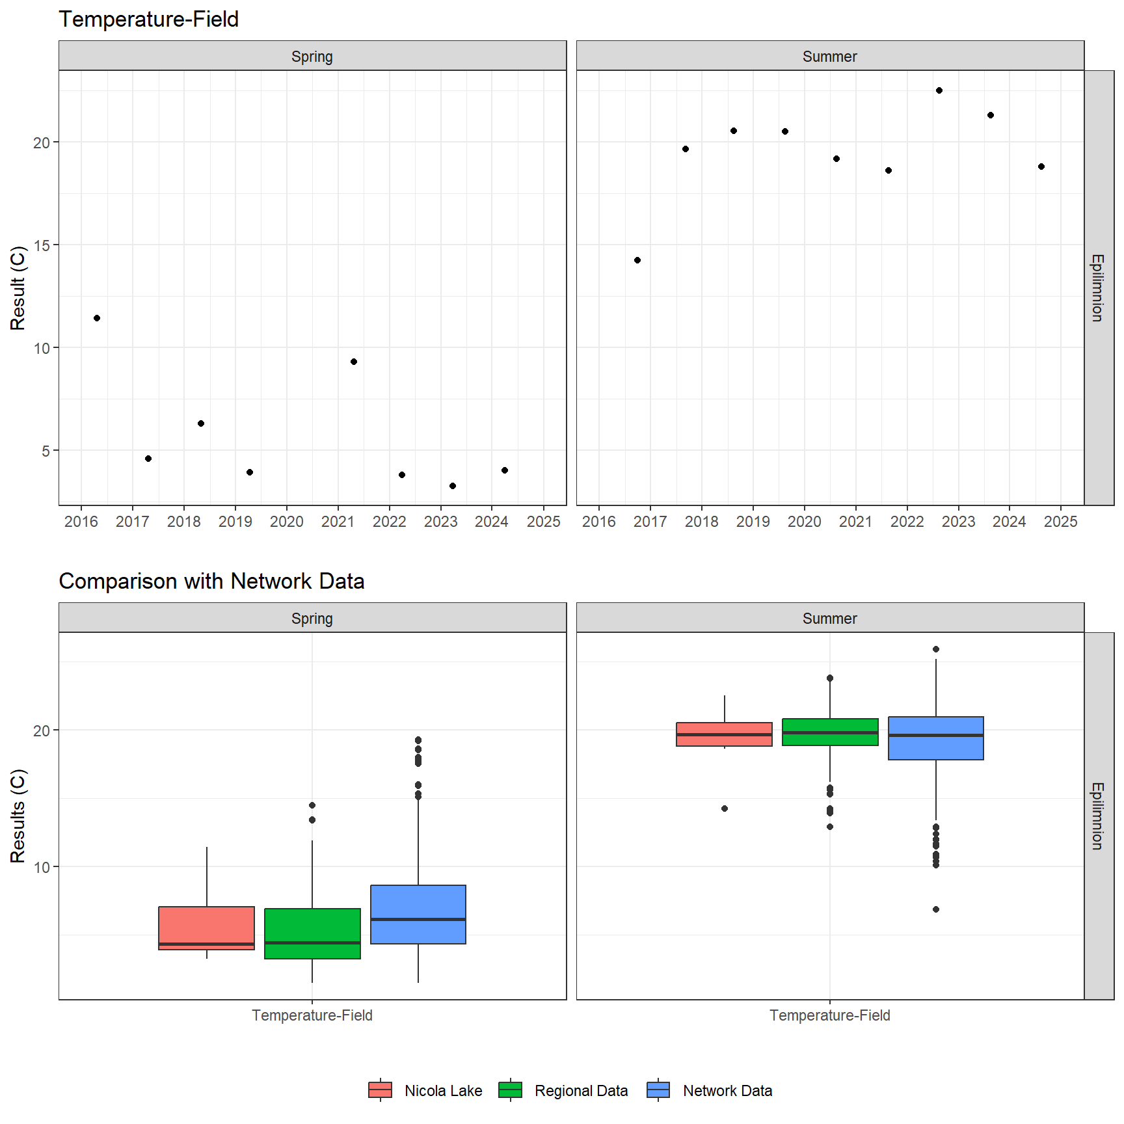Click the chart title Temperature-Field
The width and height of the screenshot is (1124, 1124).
(148, 20)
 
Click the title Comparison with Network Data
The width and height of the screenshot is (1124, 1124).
(211, 581)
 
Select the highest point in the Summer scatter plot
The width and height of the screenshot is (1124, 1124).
(939, 90)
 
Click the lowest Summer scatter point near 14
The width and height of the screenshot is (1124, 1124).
(637, 260)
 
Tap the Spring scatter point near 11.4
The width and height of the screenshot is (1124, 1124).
(97, 318)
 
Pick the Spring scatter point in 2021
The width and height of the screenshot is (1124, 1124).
(354, 362)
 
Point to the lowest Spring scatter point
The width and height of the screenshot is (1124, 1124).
(453, 486)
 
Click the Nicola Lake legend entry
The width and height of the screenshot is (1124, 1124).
(425, 1091)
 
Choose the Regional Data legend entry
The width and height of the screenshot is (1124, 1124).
(563, 1091)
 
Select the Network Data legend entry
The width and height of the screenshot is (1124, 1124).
(710, 1091)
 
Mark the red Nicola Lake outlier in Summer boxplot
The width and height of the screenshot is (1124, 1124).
(725, 809)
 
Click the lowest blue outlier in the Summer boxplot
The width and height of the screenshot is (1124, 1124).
(936, 909)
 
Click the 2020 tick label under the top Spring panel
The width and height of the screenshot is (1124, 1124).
(287, 522)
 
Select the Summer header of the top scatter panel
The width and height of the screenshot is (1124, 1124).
(830, 57)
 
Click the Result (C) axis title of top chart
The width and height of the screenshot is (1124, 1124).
(18, 288)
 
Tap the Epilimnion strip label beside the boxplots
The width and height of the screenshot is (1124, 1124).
(1098, 816)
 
